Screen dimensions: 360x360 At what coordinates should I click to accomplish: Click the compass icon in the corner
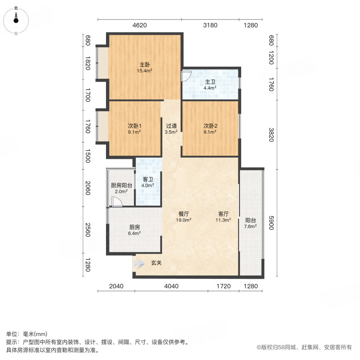point(16,18)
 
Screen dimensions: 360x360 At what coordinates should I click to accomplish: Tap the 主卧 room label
point(144,64)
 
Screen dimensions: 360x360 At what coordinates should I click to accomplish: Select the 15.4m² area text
point(144,71)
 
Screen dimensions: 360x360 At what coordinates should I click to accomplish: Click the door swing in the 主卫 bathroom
point(187,76)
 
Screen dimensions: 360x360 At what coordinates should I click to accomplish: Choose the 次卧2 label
point(210,125)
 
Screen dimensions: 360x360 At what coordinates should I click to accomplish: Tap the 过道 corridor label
point(172,125)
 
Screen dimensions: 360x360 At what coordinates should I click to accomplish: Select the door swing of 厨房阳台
point(116,203)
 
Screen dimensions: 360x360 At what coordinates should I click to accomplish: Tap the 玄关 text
point(156,263)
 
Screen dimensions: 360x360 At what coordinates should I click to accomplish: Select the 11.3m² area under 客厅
point(224,220)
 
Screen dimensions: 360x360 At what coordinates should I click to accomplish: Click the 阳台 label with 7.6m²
point(250,220)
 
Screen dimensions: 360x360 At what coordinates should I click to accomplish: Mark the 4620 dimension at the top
point(140,26)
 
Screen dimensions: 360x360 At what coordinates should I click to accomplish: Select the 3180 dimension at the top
point(210,26)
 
